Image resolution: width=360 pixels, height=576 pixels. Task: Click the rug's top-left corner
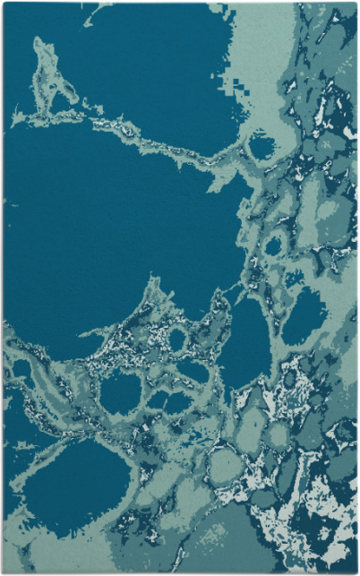[4, 3]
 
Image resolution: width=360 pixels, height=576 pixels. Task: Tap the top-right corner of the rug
[356, 3]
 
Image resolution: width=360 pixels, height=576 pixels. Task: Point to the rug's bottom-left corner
[4, 572]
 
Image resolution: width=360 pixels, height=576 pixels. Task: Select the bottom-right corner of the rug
[356, 572]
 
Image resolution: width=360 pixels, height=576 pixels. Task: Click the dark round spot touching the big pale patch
[261, 145]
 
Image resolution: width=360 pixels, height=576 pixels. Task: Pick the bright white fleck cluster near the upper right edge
[345, 125]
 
